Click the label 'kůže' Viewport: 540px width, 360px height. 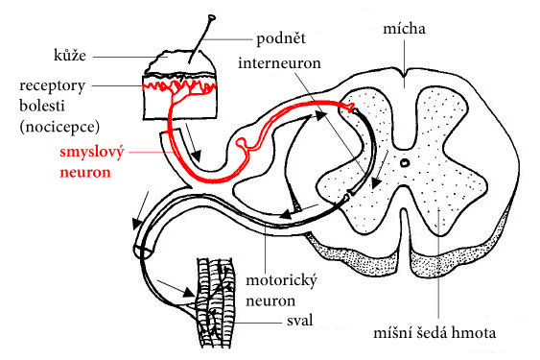[70, 55]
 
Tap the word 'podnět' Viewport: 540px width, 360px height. [281, 38]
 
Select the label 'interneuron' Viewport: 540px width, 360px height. [279, 63]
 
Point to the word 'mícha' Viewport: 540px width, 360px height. [404, 28]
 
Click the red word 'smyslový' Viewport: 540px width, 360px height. [92, 153]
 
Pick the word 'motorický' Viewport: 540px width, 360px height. [281, 281]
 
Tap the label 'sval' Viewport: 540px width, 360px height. [300, 321]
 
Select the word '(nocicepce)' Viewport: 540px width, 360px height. [59, 127]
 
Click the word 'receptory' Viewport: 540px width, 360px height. [52, 86]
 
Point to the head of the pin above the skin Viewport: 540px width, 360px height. [212, 17]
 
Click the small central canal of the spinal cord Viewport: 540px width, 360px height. [405, 162]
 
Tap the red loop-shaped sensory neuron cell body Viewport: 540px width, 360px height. [242, 142]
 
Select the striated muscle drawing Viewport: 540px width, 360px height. [214, 302]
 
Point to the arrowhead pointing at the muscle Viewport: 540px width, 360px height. [188, 293]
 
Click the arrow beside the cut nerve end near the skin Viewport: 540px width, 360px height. [192, 142]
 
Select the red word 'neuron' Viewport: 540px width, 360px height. [85, 172]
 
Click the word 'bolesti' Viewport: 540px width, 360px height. [42, 106]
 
